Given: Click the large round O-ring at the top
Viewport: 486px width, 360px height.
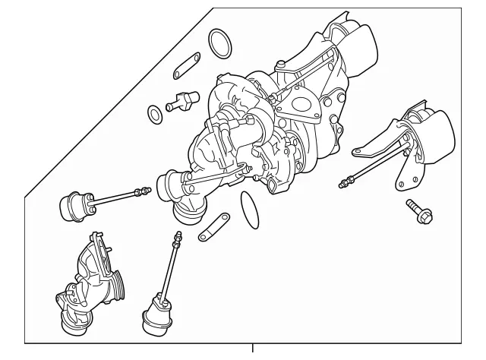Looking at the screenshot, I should (220, 43).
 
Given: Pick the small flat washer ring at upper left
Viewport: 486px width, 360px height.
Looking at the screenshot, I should (154, 115).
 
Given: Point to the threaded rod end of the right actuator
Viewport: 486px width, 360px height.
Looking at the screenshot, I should (349, 182).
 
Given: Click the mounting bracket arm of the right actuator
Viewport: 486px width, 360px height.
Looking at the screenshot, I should (380, 144).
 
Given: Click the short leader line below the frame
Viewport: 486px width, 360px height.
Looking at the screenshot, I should (253, 350).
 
